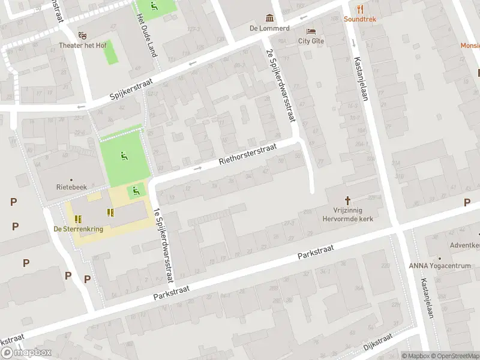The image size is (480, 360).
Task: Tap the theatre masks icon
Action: tap(82, 35)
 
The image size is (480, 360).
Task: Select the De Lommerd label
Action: tap(269, 28)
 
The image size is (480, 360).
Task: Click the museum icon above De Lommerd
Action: tap(269, 18)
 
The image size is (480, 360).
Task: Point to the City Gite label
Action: tap(311, 41)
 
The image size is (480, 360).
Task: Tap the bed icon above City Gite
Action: tap(311, 31)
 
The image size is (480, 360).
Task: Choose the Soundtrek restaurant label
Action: tap(360, 19)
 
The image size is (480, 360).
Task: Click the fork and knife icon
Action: tap(360, 9)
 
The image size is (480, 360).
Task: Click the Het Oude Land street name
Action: tap(147, 36)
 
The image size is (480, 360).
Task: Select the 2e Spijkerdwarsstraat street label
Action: tap(281, 85)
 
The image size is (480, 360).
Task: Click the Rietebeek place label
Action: tap(71, 187)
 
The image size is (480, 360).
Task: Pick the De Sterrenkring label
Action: tap(79, 229)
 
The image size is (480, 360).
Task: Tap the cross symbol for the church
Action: tap(347, 200)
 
